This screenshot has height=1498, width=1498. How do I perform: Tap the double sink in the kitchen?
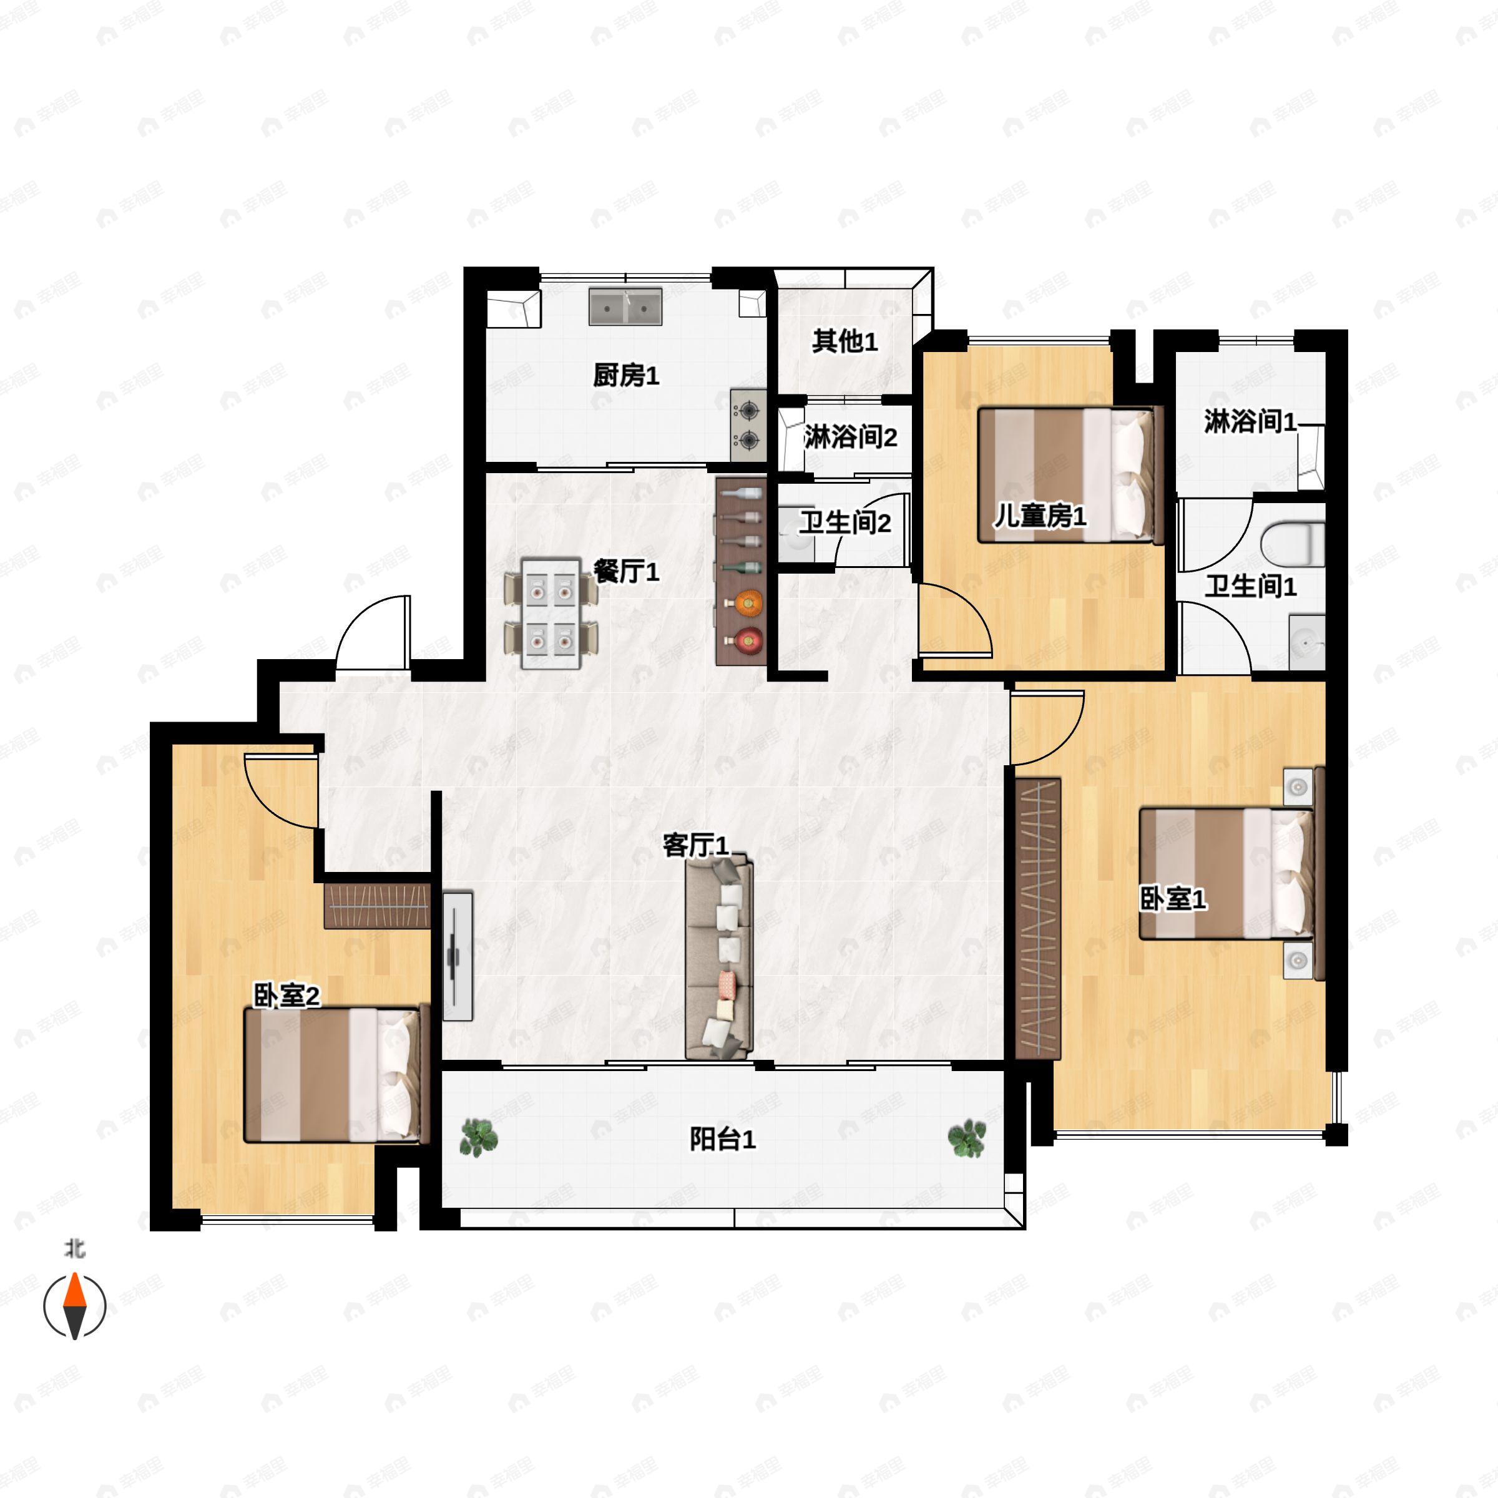pyautogui.click(x=625, y=307)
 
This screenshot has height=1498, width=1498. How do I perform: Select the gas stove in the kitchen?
pyautogui.click(x=748, y=425)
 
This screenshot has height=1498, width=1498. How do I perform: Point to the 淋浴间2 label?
pyautogui.click(x=851, y=438)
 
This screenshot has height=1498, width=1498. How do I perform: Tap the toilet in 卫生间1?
pyautogui.click(x=1292, y=544)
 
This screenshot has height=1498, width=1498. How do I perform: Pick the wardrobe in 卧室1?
pyautogui.click(x=1037, y=918)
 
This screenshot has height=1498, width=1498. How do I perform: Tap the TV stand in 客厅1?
pyautogui.click(x=458, y=955)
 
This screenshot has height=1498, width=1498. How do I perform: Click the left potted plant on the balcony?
pyautogui.click(x=478, y=1137)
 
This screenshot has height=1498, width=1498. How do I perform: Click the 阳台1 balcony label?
pyautogui.click(x=723, y=1139)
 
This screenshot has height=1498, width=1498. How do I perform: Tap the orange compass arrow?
pyautogui.click(x=74, y=1293)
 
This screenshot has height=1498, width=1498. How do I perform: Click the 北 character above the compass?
pyautogui.click(x=74, y=1249)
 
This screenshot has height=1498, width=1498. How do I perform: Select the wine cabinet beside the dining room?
pyautogui.click(x=740, y=570)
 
